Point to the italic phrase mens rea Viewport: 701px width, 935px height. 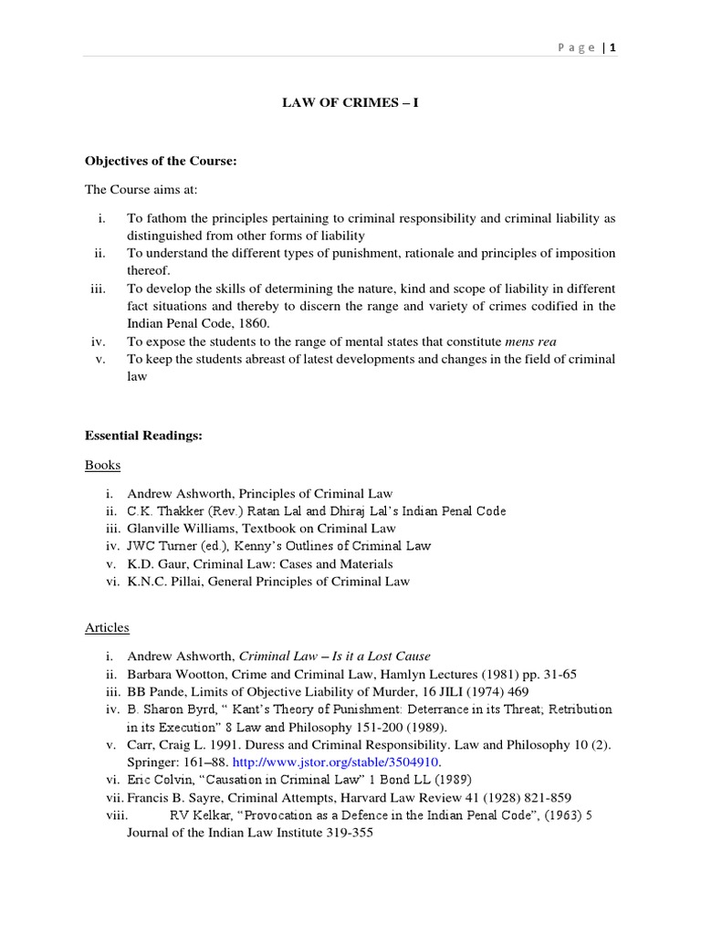pyautogui.click(x=530, y=341)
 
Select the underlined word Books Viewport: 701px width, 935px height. pyautogui.click(x=102, y=465)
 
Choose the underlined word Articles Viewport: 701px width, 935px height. pyautogui.click(x=107, y=627)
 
